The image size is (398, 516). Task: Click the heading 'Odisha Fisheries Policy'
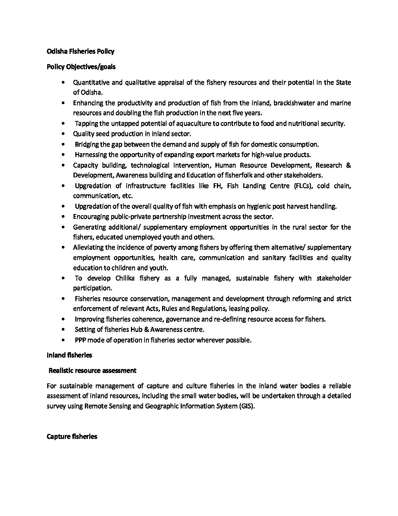[x=80, y=51]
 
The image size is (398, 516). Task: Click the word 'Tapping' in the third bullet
[x=86, y=124]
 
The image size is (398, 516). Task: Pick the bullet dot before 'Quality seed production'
[x=64, y=134]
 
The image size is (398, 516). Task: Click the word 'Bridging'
[x=87, y=144]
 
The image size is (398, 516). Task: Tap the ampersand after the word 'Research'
[x=348, y=165]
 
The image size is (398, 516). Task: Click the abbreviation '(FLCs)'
[x=303, y=186]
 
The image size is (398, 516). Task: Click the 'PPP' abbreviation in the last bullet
[x=80, y=340]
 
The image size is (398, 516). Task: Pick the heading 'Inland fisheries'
[x=70, y=355]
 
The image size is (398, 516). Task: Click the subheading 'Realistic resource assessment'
[x=93, y=371]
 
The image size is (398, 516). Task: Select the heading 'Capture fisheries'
[x=72, y=436]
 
